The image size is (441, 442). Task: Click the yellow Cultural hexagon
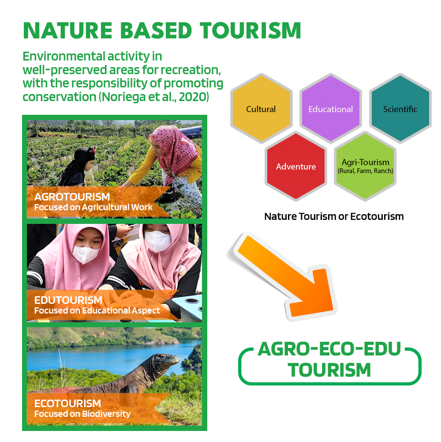(261, 109)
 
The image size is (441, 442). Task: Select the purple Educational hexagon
(331, 109)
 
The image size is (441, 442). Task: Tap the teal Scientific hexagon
(400, 109)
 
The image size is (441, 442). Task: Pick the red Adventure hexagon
(295, 166)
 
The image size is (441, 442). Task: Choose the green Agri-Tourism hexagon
(365, 166)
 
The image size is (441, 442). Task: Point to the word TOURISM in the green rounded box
(329, 370)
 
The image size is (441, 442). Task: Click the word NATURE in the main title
(68, 30)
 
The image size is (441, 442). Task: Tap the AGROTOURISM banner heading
(72, 196)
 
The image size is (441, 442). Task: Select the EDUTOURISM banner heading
(68, 300)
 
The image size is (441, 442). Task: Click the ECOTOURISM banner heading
(67, 404)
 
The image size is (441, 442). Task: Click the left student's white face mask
(86, 254)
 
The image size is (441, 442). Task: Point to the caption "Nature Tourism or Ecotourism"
(334, 216)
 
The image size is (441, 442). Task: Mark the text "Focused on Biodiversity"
(82, 414)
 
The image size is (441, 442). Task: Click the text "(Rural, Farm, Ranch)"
(366, 171)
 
